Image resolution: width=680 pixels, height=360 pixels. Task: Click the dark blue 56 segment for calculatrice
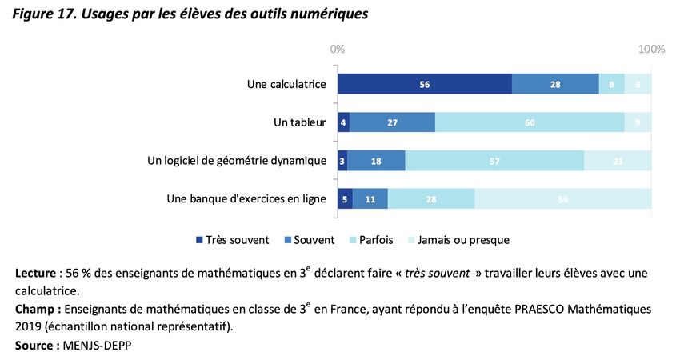[x=425, y=84]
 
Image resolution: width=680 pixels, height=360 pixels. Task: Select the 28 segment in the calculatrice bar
[x=555, y=84]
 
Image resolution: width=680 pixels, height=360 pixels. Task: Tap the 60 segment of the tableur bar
[x=530, y=122]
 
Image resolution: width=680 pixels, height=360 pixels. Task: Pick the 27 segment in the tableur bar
[x=392, y=122]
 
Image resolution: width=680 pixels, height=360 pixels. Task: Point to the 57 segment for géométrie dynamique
[x=494, y=160]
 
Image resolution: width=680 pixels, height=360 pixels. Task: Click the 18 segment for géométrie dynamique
[x=376, y=160]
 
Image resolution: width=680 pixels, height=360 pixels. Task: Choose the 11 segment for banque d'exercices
[x=370, y=198]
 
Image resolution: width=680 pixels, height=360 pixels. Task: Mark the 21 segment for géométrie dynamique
[x=618, y=160]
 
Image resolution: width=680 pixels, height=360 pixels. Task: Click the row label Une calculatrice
[x=286, y=84]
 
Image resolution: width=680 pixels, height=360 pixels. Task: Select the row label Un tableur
[x=300, y=122]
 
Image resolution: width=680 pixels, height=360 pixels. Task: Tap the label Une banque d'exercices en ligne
[x=246, y=198]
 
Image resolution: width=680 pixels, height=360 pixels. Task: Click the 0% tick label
[x=338, y=50]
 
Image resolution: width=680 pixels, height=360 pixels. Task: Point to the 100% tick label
[x=651, y=50]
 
